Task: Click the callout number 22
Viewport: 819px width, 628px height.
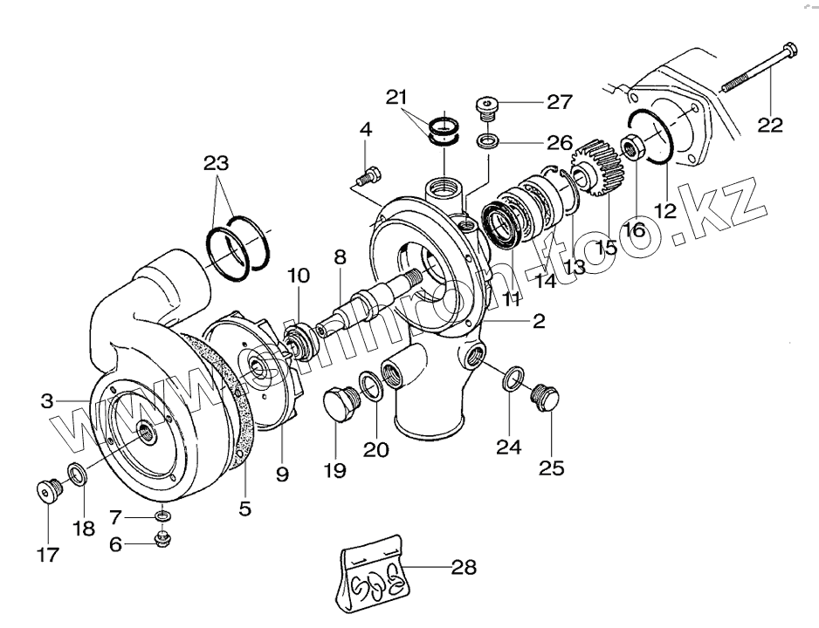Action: [x=770, y=125]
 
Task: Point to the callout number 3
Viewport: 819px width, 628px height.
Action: [x=48, y=401]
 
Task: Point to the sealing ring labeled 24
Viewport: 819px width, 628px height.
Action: [x=513, y=379]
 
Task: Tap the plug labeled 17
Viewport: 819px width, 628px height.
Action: [x=46, y=492]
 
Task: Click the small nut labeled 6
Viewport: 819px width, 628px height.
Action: [x=162, y=541]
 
